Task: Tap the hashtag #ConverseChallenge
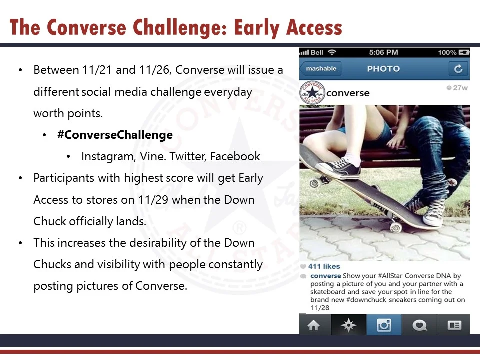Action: point(115,135)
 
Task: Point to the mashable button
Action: point(321,69)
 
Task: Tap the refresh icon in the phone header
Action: point(458,69)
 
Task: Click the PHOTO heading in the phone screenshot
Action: point(383,69)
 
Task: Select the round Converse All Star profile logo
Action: point(312,93)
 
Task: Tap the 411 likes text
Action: point(324,266)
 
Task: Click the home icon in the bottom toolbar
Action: point(314,326)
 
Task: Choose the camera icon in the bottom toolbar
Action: point(384,326)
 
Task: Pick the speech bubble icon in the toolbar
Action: point(419,326)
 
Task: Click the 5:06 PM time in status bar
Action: point(383,52)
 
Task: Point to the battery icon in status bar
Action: point(464,52)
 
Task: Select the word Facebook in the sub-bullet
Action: point(235,156)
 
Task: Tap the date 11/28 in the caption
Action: point(320,308)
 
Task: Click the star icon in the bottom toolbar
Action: point(348,326)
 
